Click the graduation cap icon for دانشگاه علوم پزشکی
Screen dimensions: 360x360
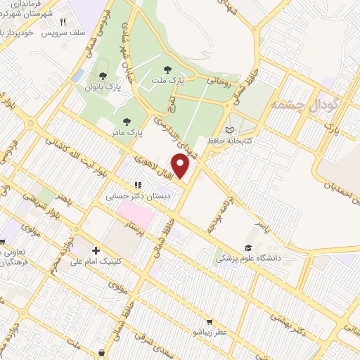pos(247,247)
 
